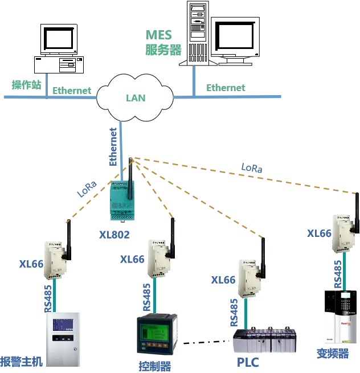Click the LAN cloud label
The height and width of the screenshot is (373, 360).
tap(136, 98)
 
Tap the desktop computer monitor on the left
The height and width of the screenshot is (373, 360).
tap(59, 39)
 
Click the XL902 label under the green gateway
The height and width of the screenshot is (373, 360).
tap(115, 234)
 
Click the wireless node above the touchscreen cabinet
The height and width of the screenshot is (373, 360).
tap(54, 260)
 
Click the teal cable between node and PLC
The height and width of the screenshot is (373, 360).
tap(246, 313)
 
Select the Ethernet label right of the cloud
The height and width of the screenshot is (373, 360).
tap(226, 88)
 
